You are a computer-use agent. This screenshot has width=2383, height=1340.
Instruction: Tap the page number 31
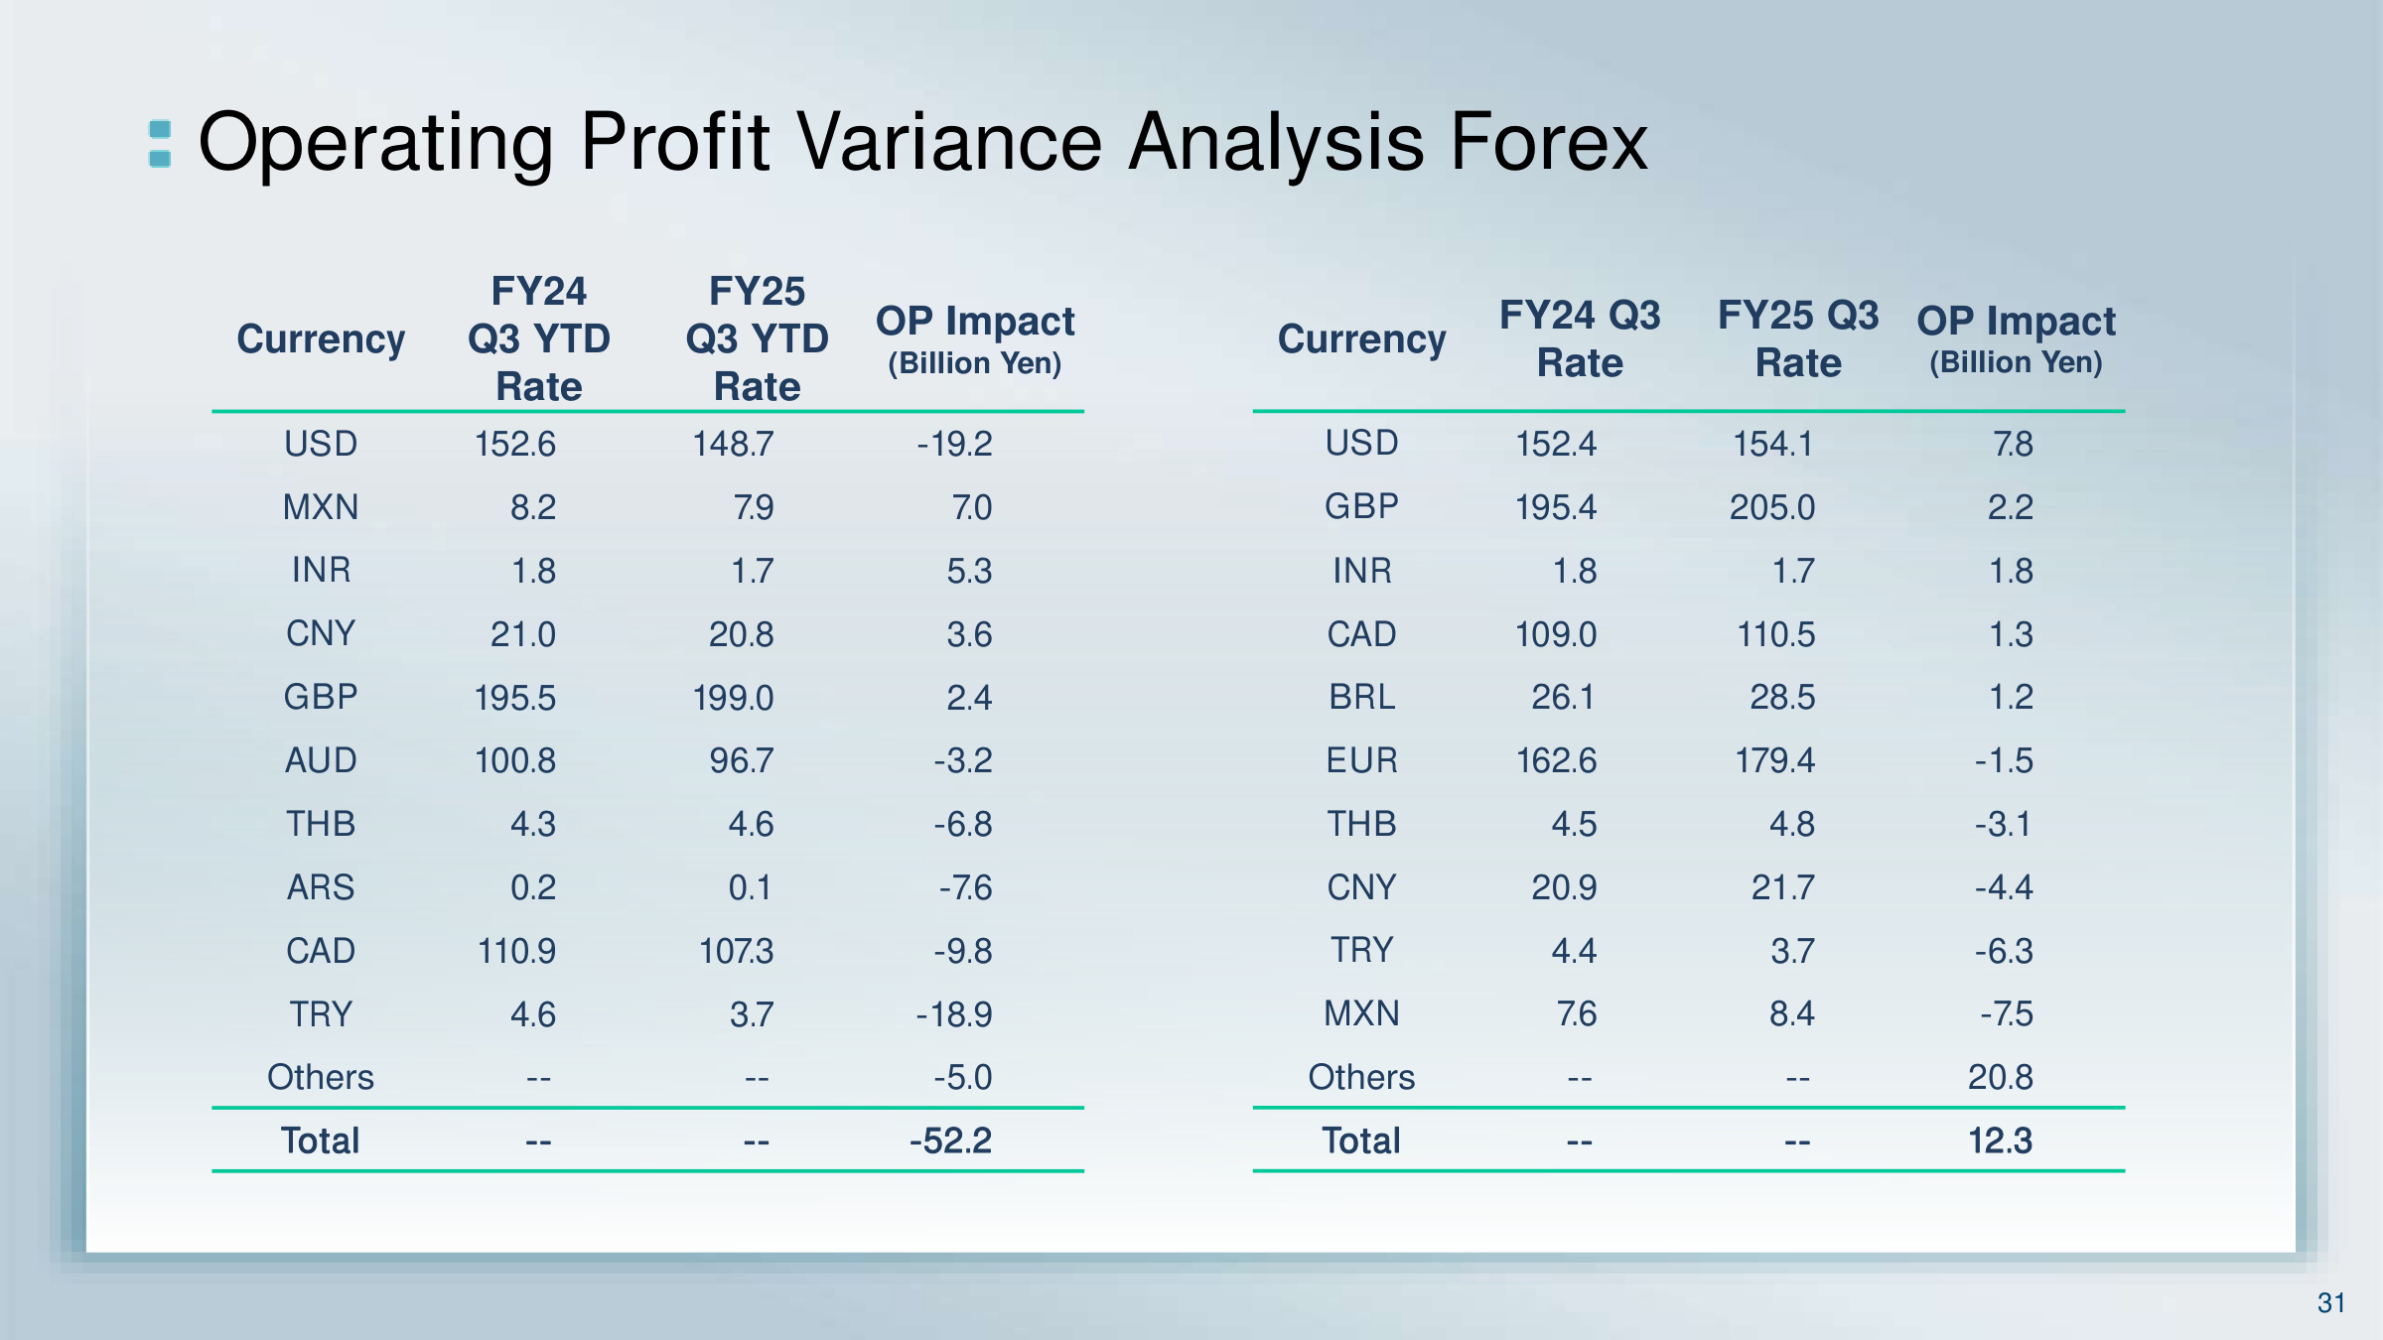pos(2331,1303)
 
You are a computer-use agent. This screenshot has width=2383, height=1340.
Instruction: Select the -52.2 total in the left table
pos(950,1140)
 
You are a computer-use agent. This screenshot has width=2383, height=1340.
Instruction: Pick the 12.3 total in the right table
pos(2000,1140)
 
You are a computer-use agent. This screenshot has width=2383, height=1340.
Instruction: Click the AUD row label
pos(321,760)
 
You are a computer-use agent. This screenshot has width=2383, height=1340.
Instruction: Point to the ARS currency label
pos(321,887)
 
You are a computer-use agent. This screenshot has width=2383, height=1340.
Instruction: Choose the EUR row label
pos(1361,760)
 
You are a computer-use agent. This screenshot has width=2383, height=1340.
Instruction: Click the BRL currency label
pos(1361,697)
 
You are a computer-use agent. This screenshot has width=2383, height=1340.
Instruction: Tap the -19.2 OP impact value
pos(954,444)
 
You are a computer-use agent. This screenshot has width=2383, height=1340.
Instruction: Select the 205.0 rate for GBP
pos(1772,507)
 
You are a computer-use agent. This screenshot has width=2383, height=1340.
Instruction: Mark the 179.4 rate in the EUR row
pos(1774,760)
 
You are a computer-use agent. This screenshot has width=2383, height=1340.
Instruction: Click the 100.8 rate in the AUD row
pos(515,760)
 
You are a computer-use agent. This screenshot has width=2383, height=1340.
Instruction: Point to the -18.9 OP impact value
pos(954,1014)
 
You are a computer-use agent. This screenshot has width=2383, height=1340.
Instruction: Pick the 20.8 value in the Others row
pos(2001,1077)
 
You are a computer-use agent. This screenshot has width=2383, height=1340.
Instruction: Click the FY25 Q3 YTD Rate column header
pos(757,338)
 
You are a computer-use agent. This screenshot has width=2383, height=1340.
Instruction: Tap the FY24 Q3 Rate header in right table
pos(1580,338)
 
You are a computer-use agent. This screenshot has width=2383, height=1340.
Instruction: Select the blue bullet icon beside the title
pos(160,144)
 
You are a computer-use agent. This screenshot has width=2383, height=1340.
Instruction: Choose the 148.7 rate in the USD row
pos(733,444)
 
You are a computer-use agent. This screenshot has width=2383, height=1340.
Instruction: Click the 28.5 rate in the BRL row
pos(1782,697)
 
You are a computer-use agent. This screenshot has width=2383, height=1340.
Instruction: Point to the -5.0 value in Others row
pos(962,1077)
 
